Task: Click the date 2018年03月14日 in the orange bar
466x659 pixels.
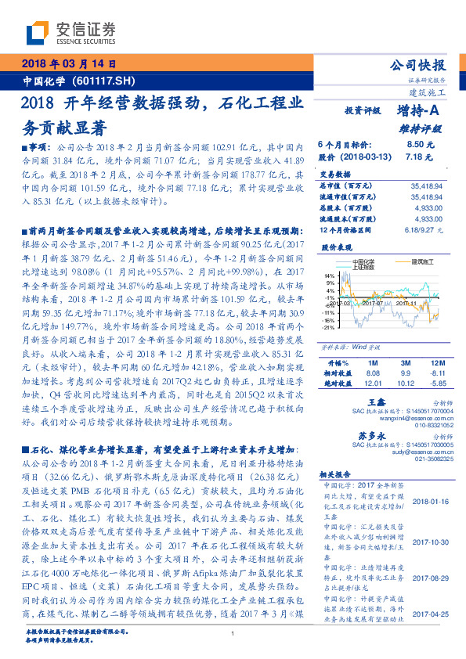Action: point(69,63)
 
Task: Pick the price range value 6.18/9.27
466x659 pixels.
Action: point(425,230)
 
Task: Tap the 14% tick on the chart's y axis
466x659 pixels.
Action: point(328,276)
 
